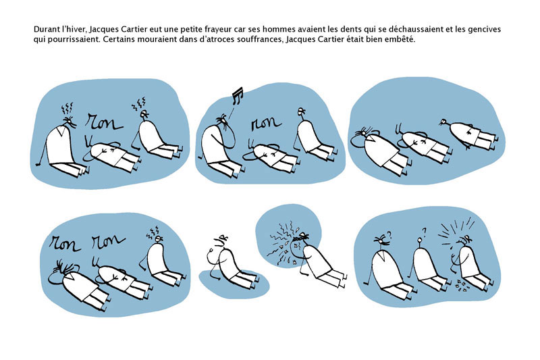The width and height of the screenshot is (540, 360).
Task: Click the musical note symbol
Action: pos(237,95)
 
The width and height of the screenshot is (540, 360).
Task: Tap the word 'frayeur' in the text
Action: pos(223,30)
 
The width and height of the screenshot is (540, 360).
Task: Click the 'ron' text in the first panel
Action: pos(104,122)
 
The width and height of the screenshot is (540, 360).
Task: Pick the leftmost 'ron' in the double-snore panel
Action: pos(64,243)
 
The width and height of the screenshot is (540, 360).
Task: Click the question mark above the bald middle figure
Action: pos(424,232)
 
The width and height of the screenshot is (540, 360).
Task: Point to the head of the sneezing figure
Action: pos(300,242)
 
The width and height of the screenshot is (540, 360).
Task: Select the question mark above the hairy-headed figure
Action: pos(389,234)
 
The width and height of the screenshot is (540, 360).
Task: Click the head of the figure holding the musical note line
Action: pos(222,121)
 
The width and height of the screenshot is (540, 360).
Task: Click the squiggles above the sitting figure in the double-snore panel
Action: pos(153,232)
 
